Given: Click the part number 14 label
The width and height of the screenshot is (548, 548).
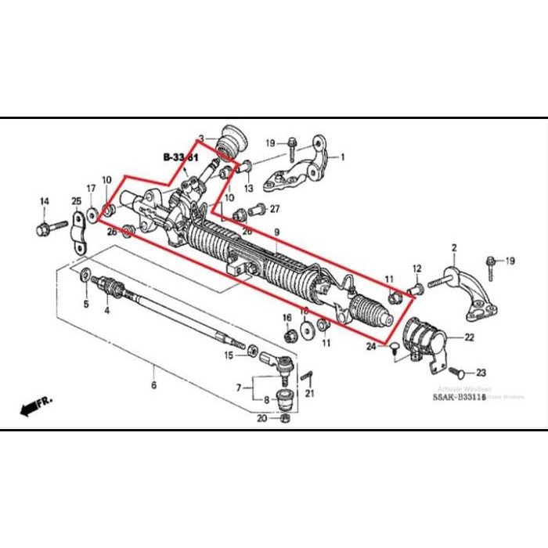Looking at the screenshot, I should tap(44, 202).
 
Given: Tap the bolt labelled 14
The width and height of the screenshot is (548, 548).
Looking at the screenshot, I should tap(42, 229).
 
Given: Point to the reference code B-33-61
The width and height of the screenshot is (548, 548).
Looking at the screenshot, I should tap(181, 158).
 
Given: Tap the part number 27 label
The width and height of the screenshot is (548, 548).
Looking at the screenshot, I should tap(274, 209).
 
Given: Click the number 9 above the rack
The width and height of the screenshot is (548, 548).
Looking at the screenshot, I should tap(276, 233).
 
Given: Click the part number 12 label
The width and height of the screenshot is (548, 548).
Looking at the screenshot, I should tap(416, 269).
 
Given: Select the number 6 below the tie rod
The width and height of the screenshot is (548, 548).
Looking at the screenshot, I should tap(153, 385).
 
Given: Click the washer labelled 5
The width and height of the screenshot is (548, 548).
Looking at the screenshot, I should tap(84, 276).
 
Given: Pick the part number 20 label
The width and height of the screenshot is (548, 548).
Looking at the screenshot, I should tap(261, 418).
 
